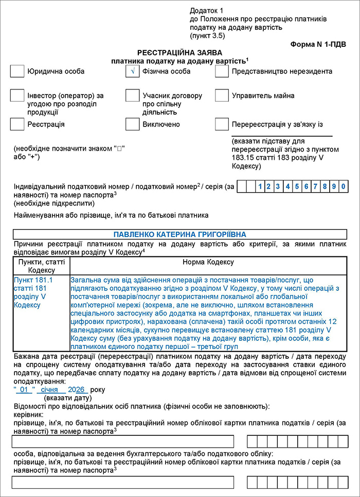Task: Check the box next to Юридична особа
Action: (17, 71)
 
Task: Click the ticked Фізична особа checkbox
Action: (133, 71)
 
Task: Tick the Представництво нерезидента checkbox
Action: (222, 71)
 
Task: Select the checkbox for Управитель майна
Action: (222, 96)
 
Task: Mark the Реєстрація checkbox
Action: (17, 124)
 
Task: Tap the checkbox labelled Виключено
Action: (133, 124)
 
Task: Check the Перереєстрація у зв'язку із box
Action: (222, 124)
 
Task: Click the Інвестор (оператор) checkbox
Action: (17, 96)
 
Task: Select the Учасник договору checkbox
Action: (133, 96)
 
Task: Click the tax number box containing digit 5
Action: (297, 186)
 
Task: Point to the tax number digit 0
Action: (343, 186)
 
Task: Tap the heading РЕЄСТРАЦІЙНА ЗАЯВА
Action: (179, 53)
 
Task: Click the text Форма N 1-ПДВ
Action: (318, 45)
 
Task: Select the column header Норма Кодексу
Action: (208, 262)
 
